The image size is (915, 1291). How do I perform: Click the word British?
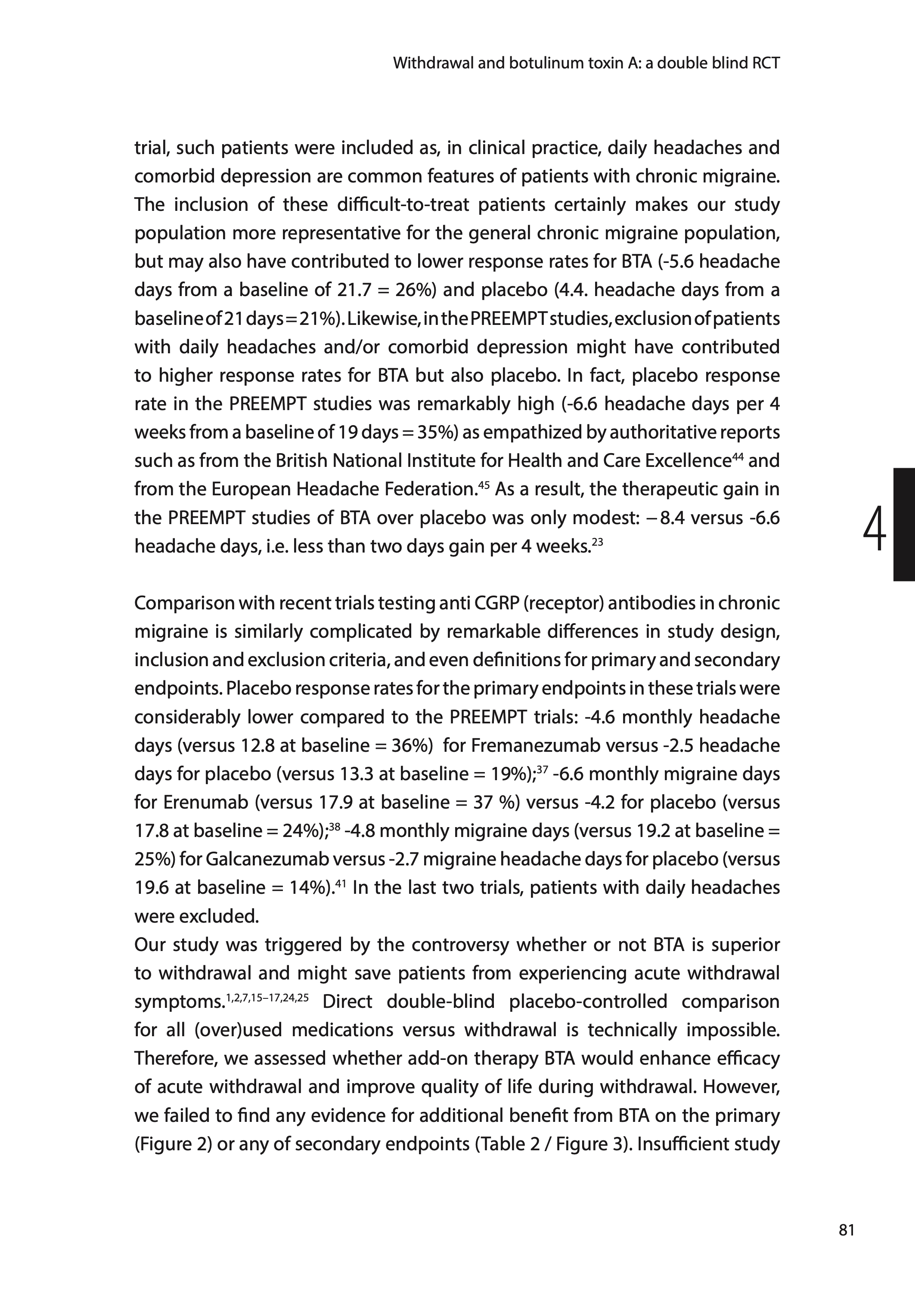coord(301,461)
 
